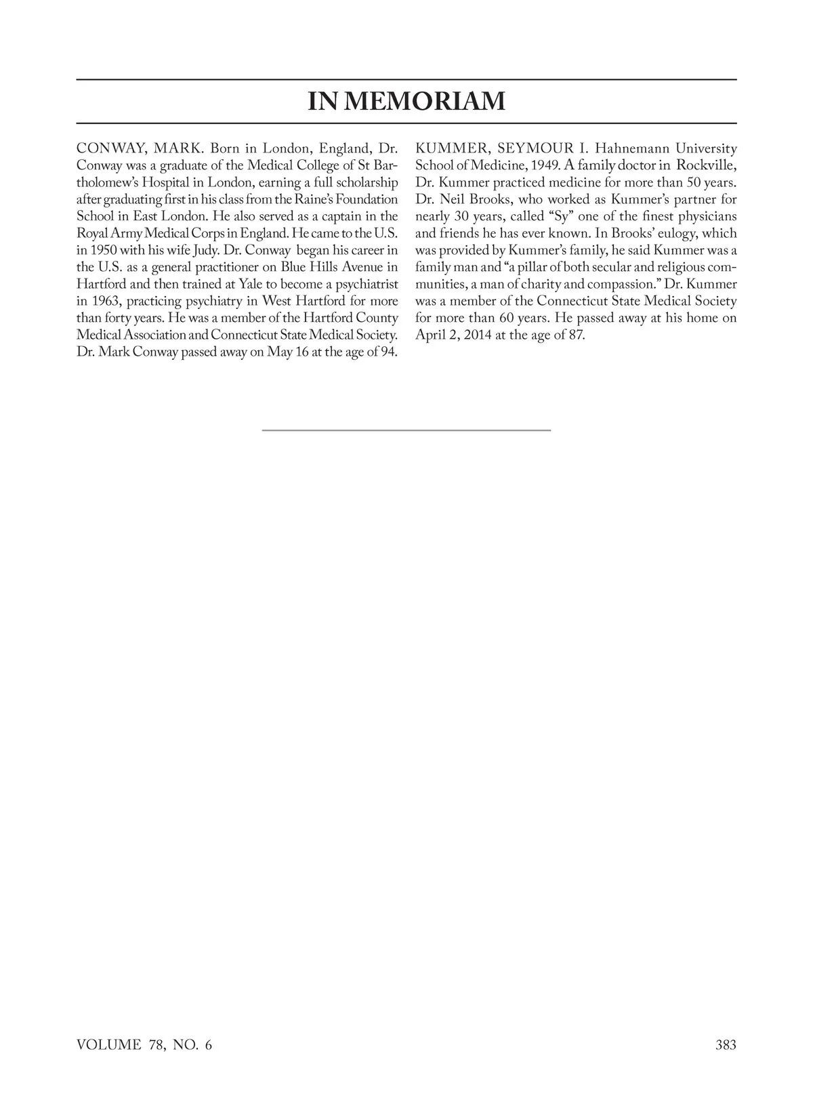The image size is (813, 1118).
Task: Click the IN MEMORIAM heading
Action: pos(406,102)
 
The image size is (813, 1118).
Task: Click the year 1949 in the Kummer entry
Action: pos(541,165)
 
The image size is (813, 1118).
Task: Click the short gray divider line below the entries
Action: pos(406,430)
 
